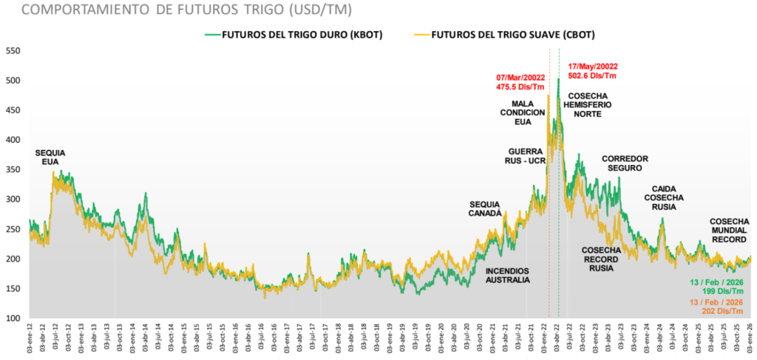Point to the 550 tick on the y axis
[x=13, y=51]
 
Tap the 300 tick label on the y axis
[x=13, y=200]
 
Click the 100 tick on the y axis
[x=13, y=319]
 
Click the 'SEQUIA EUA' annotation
[x=50, y=157]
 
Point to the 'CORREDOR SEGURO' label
[x=625, y=163]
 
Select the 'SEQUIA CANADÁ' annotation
[x=486, y=208]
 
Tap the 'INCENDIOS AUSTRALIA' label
[x=508, y=276]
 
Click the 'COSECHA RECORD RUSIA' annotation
[x=601, y=259]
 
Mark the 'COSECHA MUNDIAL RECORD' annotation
[x=728, y=230]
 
